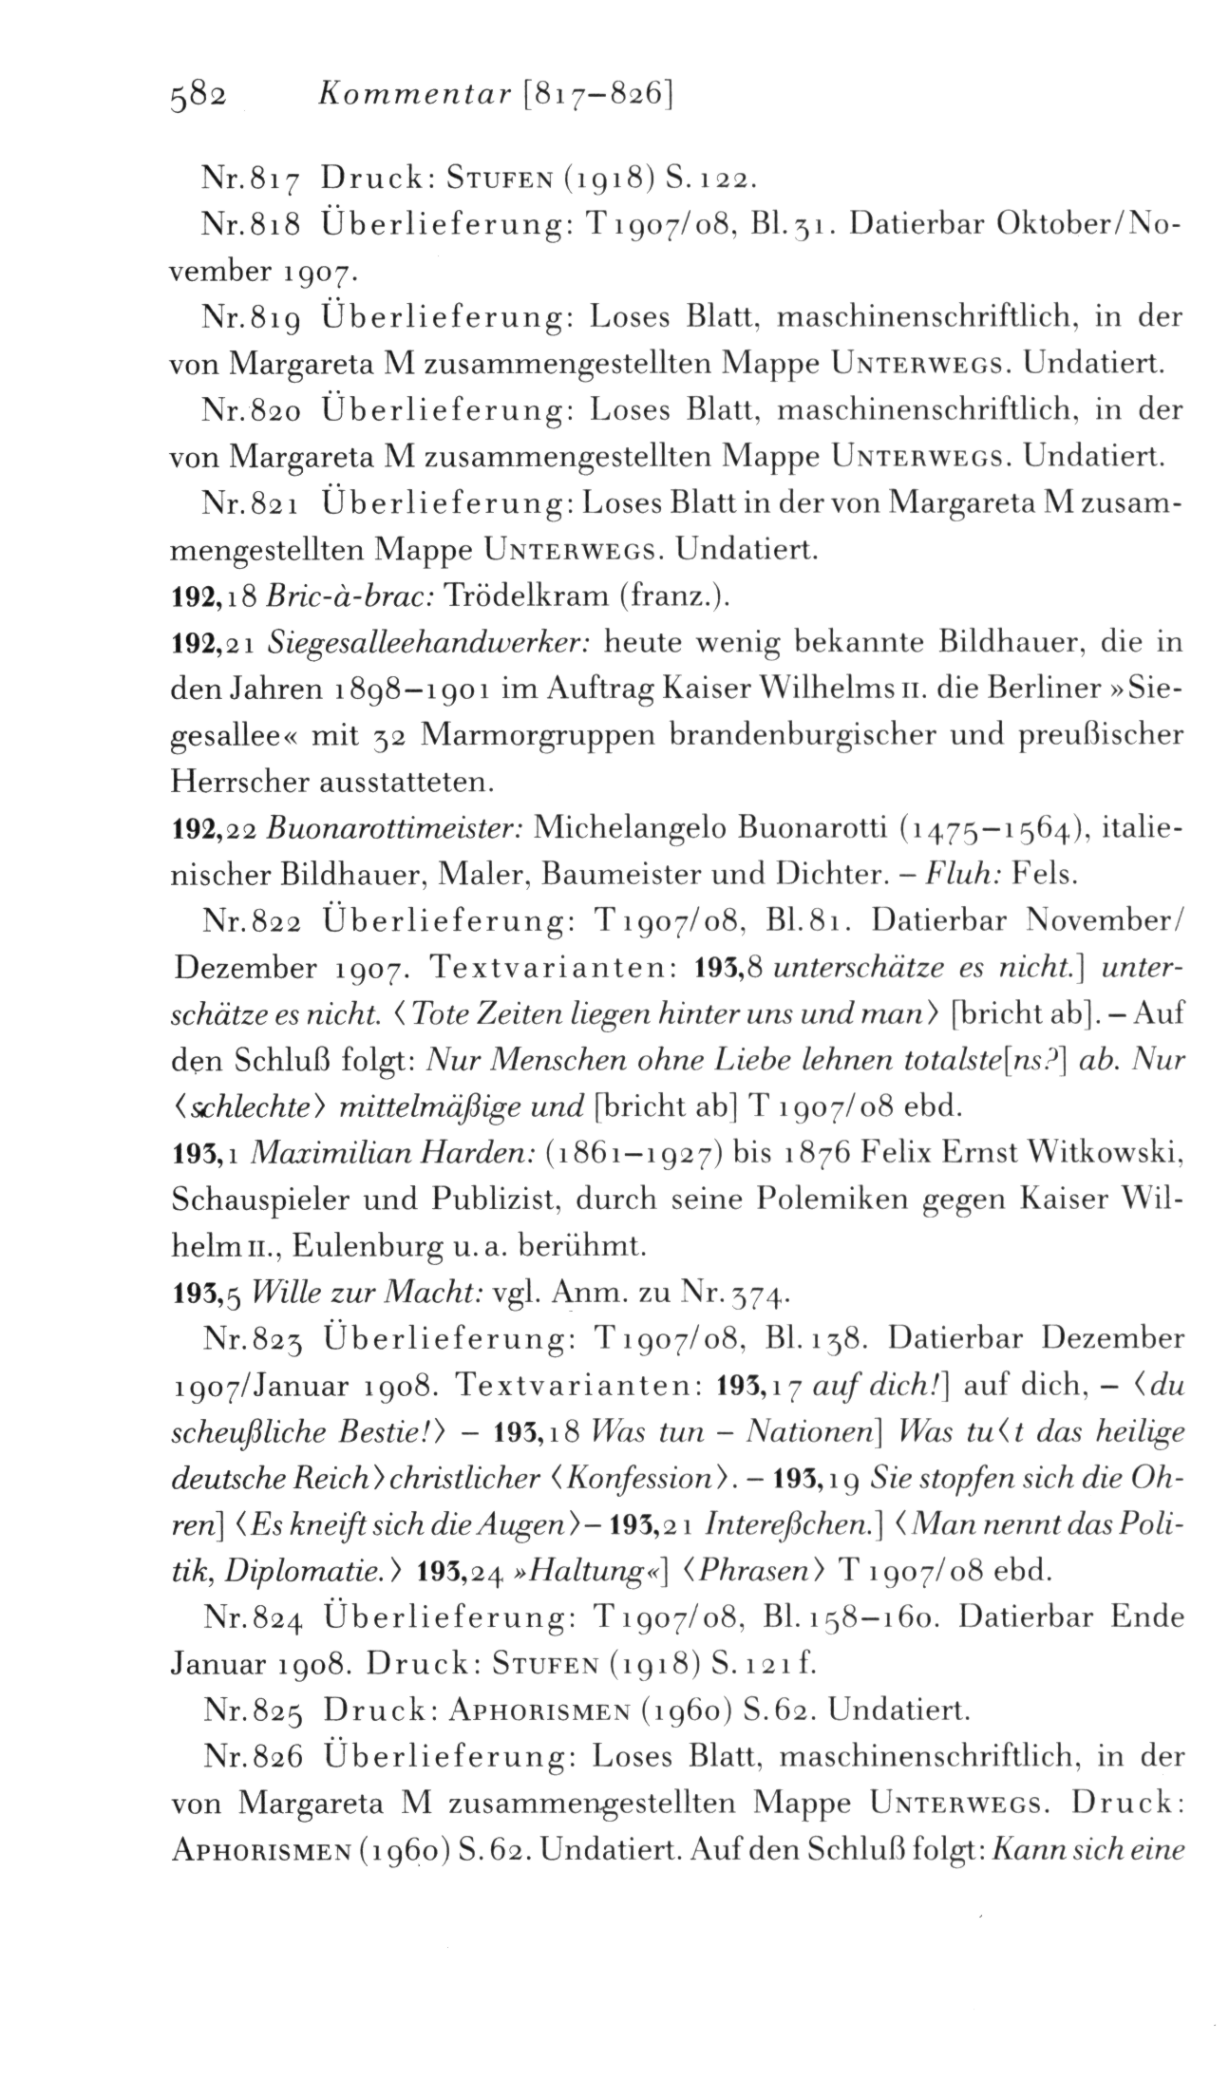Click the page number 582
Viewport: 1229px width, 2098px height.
pos(197,95)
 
